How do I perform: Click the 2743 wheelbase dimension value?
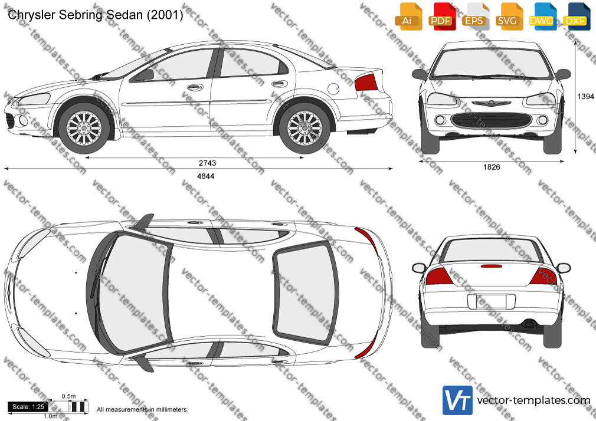click(207, 163)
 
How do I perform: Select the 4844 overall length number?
click(205, 176)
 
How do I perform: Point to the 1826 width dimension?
click(492, 167)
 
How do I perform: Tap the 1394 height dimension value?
click(585, 97)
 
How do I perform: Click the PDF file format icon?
click(441, 17)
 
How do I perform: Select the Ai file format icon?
click(408, 17)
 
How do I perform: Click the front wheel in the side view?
click(84, 128)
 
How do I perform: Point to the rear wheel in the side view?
click(304, 128)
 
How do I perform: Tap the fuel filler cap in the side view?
click(333, 89)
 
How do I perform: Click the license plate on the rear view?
click(491, 302)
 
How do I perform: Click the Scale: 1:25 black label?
click(28, 407)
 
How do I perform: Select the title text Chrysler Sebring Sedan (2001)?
click(96, 15)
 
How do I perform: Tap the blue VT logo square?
click(457, 400)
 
